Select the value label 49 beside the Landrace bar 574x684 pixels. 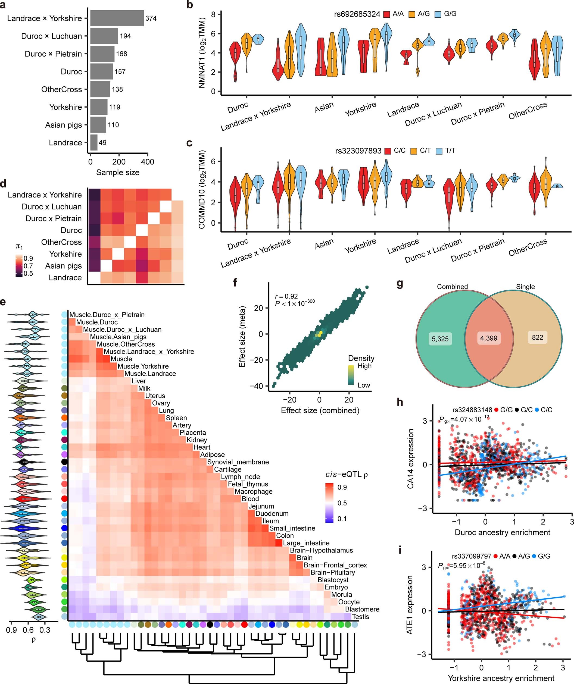[102, 143]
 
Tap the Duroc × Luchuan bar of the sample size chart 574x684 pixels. [104, 36]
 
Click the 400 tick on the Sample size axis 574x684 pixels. [148, 162]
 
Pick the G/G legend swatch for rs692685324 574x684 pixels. [438, 14]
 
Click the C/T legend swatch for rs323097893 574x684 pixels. [414, 151]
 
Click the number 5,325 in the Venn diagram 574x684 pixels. [440, 339]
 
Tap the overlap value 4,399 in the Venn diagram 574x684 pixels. [489, 338]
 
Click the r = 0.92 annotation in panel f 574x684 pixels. [286, 296]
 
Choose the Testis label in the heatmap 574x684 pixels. [360, 617]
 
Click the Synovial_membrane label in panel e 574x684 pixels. [238, 462]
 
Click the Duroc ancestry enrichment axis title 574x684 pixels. [502, 532]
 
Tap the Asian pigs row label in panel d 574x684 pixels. [63, 266]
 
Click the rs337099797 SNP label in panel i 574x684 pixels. [471, 556]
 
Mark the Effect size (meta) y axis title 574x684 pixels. [242, 337]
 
